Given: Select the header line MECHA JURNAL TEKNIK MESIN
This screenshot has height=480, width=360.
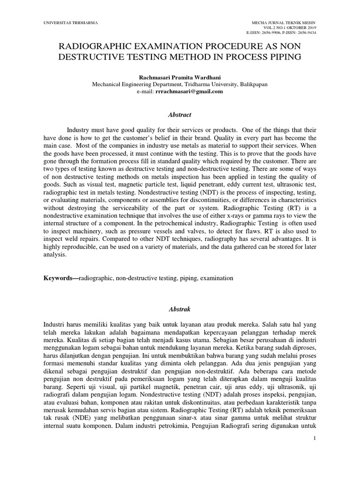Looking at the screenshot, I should point(284,22).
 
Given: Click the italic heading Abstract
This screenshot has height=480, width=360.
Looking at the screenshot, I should point(180,114).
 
